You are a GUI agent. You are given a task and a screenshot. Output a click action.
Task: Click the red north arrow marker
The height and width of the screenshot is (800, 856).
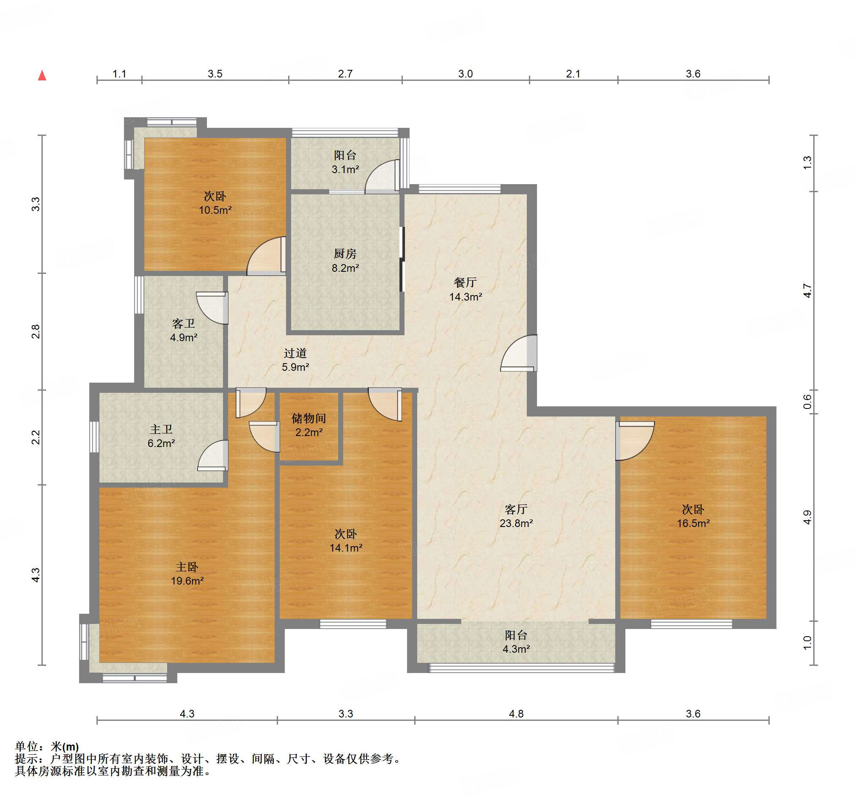click(42, 75)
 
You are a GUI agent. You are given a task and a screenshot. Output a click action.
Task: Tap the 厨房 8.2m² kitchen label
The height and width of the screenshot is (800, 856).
click(345, 261)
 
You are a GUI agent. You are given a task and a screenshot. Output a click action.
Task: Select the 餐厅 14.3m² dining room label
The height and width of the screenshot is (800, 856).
click(465, 290)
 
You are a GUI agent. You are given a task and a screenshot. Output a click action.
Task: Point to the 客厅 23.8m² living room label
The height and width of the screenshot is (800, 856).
click(516, 516)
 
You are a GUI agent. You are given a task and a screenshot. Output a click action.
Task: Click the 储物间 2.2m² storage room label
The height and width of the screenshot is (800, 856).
click(309, 425)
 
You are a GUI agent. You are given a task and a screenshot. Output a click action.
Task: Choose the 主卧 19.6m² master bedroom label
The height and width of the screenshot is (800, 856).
click(187, 574)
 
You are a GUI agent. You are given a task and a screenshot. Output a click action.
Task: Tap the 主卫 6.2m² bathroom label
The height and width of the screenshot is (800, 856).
click(161, 436)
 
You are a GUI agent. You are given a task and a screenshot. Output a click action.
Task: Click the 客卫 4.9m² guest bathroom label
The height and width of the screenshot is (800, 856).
click(184, 330)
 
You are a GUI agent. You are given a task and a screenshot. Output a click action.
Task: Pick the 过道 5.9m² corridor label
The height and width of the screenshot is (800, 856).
click(295, 360)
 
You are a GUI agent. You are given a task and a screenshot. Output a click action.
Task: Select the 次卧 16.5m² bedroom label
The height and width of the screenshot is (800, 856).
click(693, 516)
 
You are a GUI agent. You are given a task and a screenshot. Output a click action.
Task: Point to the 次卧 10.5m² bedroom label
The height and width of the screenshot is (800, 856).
click(215, 203)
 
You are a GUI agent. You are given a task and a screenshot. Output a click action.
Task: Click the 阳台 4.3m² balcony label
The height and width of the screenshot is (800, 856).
click(516, 642)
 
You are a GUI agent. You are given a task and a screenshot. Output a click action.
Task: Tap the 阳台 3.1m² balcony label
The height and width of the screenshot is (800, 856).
click(345, 162)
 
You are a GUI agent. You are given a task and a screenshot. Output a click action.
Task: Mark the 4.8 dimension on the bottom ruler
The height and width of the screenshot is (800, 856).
click(516, 714)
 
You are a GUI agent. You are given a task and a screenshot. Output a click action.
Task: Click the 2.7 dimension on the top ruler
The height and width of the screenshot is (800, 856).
click(345, 74)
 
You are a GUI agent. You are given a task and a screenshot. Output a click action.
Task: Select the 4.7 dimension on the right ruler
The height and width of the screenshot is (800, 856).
click(807, 291)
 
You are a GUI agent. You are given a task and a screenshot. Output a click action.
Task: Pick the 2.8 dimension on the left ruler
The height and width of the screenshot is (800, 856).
click(36, 331)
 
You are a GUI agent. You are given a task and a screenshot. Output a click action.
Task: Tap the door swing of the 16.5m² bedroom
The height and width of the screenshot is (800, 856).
click(635, 441)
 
